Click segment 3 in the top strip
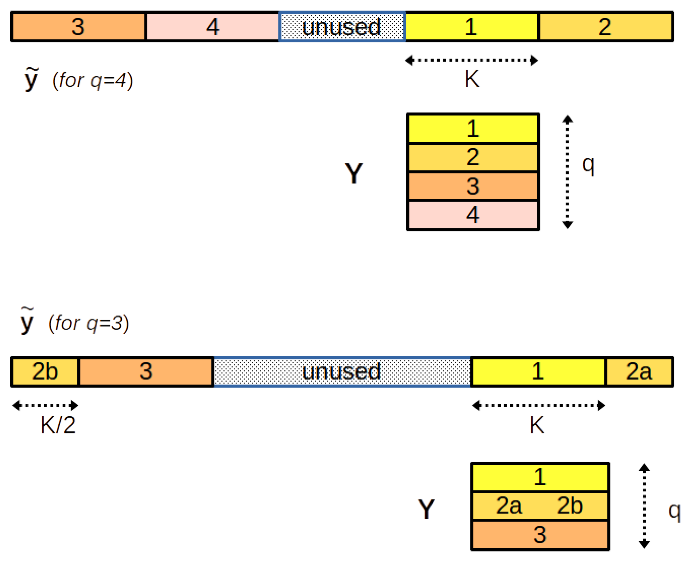(x=78, y=27)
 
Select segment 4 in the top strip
(x=213, y=27)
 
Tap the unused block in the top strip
(x=342, y=27)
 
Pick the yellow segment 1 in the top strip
(x=471, y=27)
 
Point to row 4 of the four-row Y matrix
(x=473, y=215)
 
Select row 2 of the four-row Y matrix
(x=473, y=157)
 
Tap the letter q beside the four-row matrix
(x=588, y=164)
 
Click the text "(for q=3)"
(x=89, y=323)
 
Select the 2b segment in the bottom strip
(x=45, y=372)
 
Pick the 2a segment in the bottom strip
(x=639, y=372)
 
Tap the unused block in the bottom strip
(x=342, y=372)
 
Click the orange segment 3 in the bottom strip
(x=146, y=372)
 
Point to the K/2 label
(x=58, y=425)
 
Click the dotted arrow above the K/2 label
(x=45, y=405)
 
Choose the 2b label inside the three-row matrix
(x=570, y=506)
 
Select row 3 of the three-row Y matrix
(x=540, y=534)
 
